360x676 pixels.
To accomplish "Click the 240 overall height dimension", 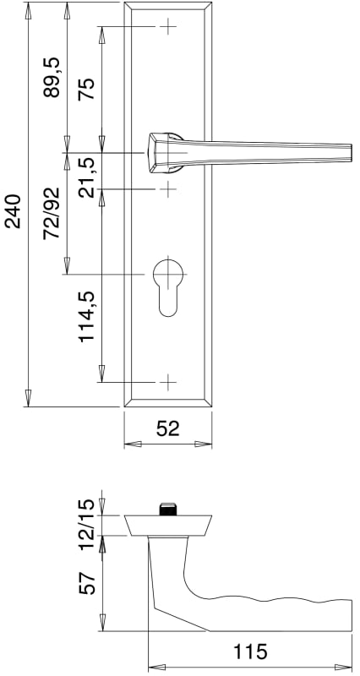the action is [13, 211].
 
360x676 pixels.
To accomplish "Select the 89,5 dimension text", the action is [52, 78].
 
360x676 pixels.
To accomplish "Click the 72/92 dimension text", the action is [52, 214].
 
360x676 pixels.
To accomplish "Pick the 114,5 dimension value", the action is [87, 316].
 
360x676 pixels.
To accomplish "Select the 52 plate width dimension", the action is [167, 429].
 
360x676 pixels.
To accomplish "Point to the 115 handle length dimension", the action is [250, 651].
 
